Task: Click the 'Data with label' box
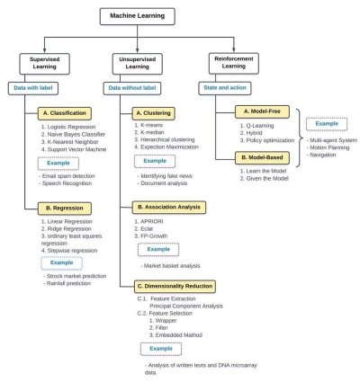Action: pos(38,90)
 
